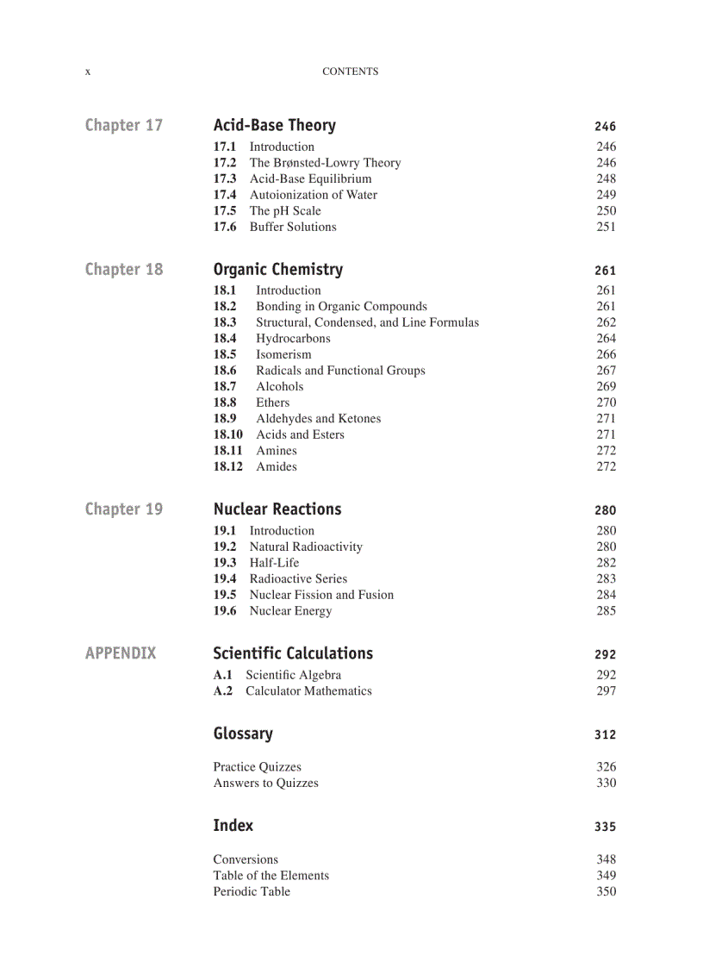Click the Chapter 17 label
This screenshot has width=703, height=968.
[x=123, y=126]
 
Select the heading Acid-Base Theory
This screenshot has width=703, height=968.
[x=274, y=126]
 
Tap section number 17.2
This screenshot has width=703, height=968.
[x=225, y=163]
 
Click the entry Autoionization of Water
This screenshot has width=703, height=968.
[x=313, y=195]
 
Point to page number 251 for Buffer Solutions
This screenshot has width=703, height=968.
[x=606, y=227]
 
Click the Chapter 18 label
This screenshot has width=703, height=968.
[x=123, y=270]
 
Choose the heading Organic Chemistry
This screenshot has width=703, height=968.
[x=277, y=270]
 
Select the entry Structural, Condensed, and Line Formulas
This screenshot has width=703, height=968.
[x=367, y=322]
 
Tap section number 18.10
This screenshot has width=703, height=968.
[x=228, y=434]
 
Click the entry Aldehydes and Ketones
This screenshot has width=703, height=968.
[x=318, y=419]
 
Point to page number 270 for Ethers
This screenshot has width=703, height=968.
[x=606, y=403]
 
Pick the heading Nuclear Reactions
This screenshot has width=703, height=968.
[x=277, y=509]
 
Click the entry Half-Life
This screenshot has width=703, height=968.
[x=274, y=563]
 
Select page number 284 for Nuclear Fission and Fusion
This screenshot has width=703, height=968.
[x=606, y=595]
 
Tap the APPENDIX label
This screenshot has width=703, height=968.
[x=121, y=653]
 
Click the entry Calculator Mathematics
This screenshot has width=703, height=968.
[x=308, y=691]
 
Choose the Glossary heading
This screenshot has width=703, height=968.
[x=243, y=734]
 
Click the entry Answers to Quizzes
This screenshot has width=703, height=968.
[x=265, y=783]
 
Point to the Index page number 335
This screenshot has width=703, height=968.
[x=605, y=827]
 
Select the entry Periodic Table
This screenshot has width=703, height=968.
[x=252, y=891]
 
